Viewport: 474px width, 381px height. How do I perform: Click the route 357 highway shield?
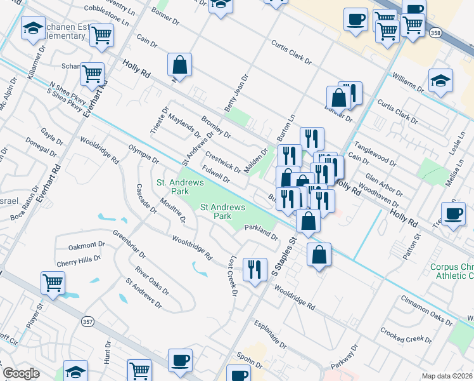pos(87,323)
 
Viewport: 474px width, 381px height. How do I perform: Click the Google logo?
pos(21,373)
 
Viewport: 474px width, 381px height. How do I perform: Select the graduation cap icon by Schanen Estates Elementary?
pos(33,29)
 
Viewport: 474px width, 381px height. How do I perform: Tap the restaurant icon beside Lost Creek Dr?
pos(255,269)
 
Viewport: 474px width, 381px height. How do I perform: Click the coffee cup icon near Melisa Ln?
pos(453,214)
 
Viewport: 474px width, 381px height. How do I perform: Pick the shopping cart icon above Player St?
pos(53,283)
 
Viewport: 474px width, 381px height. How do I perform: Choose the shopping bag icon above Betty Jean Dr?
pos(180,65)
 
